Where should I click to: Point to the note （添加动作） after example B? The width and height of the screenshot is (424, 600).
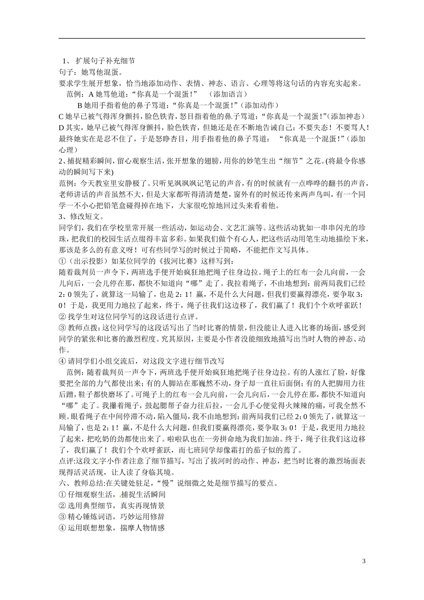259,105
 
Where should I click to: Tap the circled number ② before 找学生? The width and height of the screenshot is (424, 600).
62,317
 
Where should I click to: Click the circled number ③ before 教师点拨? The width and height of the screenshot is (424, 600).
62,328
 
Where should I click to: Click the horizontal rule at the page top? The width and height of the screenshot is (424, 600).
212,38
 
